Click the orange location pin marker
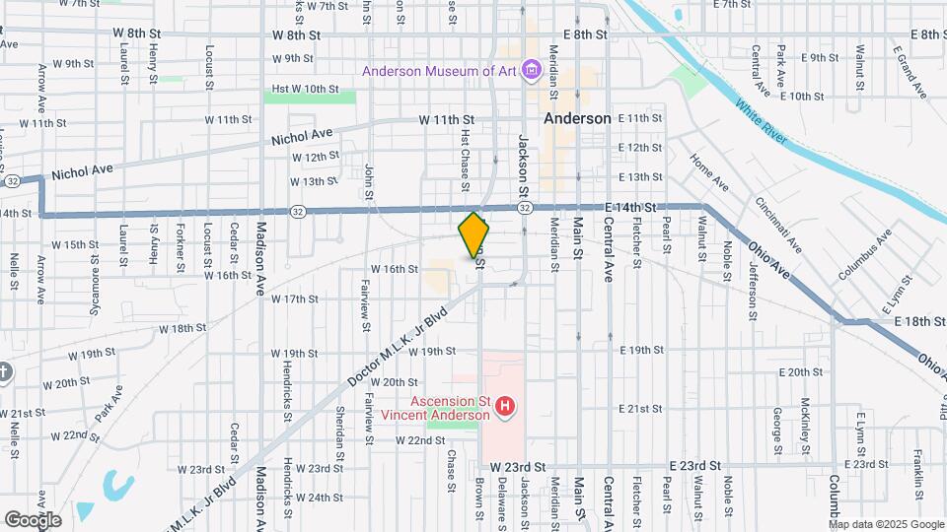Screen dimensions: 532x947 click(474, 234)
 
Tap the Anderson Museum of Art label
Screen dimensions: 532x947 click(440, 71)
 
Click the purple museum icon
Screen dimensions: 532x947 click(532, 70)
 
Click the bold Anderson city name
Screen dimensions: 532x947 click(578, 118)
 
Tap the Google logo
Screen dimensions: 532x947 click(33, 519)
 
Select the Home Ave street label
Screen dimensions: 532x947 click(709, 171)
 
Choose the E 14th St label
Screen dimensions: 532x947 click(631, 207)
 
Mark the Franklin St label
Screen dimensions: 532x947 click(917, 472)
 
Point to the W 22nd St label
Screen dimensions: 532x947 click(420, 440)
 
